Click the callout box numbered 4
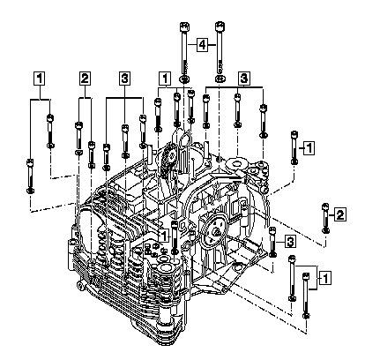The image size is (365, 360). (202, 45)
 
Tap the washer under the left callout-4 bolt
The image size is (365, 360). (184, 79)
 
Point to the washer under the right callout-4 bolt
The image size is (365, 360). (220, 79)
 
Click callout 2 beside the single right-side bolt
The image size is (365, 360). (340, 214)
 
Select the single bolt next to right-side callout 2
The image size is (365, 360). (325, 218)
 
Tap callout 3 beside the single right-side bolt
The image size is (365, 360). (290, 242)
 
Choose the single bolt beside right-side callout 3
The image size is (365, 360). (272, 242)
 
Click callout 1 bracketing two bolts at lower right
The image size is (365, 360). (325, 278)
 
